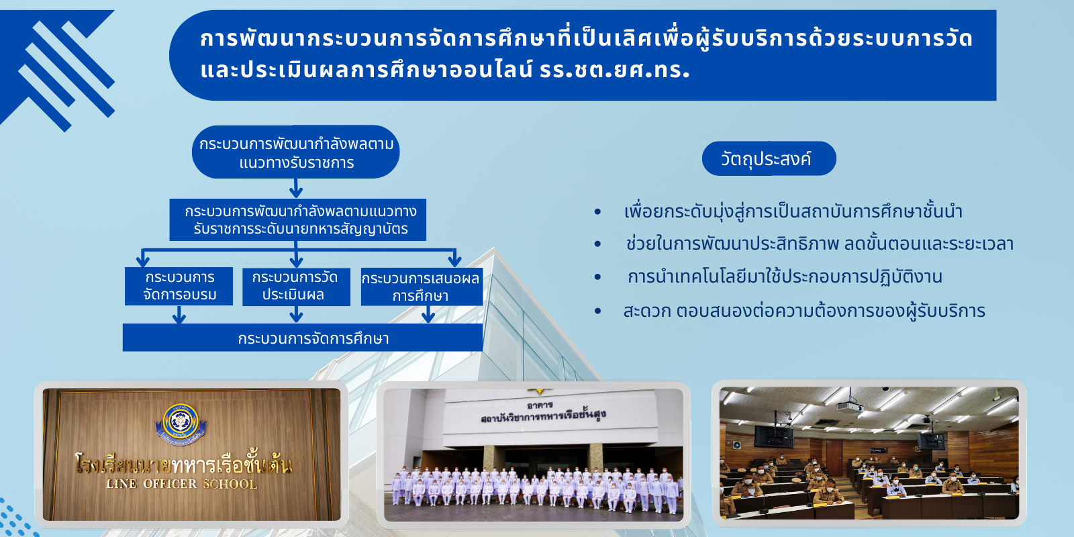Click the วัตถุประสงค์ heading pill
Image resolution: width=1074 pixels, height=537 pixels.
[x=769, y=158]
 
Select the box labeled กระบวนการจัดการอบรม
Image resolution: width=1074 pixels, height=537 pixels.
[x=179, y=286]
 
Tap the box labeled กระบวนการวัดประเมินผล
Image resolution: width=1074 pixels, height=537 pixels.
[x=296, y=287]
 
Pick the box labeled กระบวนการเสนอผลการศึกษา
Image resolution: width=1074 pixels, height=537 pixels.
[x=422, y=287]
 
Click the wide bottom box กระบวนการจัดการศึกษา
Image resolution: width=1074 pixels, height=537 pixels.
[x=303, y=338]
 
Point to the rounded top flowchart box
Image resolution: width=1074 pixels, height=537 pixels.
[x=296, y=152]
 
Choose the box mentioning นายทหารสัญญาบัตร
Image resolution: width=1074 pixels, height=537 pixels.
[x=298, y=219]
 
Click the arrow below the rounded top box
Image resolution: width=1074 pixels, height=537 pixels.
[x=296, y=189]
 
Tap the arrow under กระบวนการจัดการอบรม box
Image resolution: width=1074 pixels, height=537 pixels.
[x=179, y=315]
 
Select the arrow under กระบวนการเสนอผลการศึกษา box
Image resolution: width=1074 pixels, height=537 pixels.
[x=428, y=315]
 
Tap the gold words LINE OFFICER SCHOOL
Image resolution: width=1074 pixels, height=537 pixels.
[x=181, y=484]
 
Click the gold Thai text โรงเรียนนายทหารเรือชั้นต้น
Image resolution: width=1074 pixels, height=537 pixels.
[x=184, y=464]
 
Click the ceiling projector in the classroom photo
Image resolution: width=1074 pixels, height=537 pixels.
[x=849, y=407]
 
